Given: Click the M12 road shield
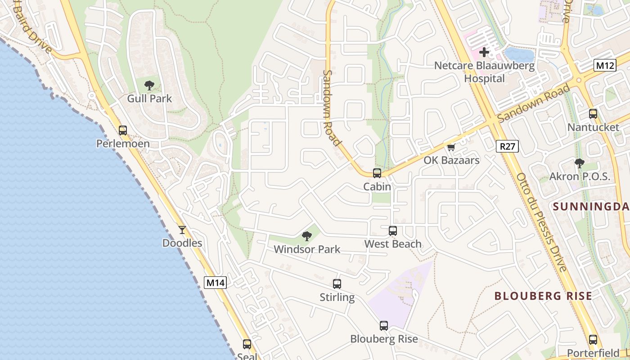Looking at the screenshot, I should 605,66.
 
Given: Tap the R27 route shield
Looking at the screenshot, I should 508,146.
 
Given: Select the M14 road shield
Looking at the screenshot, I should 215,283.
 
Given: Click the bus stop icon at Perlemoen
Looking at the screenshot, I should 123,130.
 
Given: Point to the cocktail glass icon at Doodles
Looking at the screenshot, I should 182,230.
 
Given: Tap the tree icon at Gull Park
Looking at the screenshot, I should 149,85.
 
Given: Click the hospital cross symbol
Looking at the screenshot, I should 484,52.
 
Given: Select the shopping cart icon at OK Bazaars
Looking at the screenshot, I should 451,147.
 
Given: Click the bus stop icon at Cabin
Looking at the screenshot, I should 377,173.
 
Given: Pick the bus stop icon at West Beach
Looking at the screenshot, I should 393,231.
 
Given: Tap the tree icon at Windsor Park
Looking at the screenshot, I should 307,236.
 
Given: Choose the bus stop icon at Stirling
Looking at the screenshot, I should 337,284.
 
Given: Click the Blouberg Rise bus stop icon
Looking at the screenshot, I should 384,325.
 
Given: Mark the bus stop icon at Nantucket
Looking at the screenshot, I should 593,114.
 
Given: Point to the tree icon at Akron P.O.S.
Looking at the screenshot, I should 580,163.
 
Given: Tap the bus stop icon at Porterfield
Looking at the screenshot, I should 593,340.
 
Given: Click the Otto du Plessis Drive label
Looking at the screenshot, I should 541,222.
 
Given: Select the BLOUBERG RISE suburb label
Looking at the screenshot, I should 543,296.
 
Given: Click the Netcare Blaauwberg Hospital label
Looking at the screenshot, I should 484,72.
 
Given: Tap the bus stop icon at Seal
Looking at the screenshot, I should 247,344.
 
